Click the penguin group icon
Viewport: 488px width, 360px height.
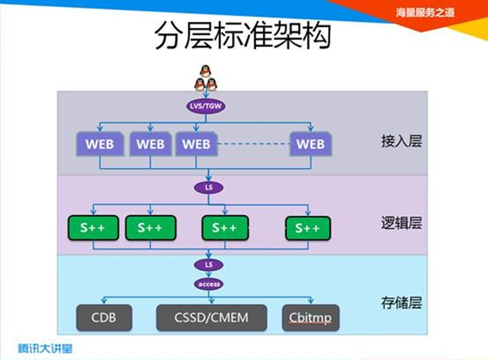click(206, 78)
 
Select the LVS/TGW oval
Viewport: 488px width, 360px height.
click(206, 105)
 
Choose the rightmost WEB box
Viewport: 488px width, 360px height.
click(310, 144)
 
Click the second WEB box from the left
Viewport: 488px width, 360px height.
click(150, 144)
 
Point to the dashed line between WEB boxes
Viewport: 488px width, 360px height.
click(253, 144)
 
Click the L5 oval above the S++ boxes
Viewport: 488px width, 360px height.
click(208, 188)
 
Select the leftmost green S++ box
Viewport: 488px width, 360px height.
click(92, 227)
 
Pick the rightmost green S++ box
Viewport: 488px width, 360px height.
click(308, 227)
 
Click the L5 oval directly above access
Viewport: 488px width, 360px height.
click(209, 265)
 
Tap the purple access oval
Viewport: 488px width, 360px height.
click(209, 284)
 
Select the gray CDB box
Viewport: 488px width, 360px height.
click(103, 318)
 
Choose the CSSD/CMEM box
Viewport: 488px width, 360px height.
click(211, 318)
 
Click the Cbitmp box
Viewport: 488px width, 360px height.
click(310, 318)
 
